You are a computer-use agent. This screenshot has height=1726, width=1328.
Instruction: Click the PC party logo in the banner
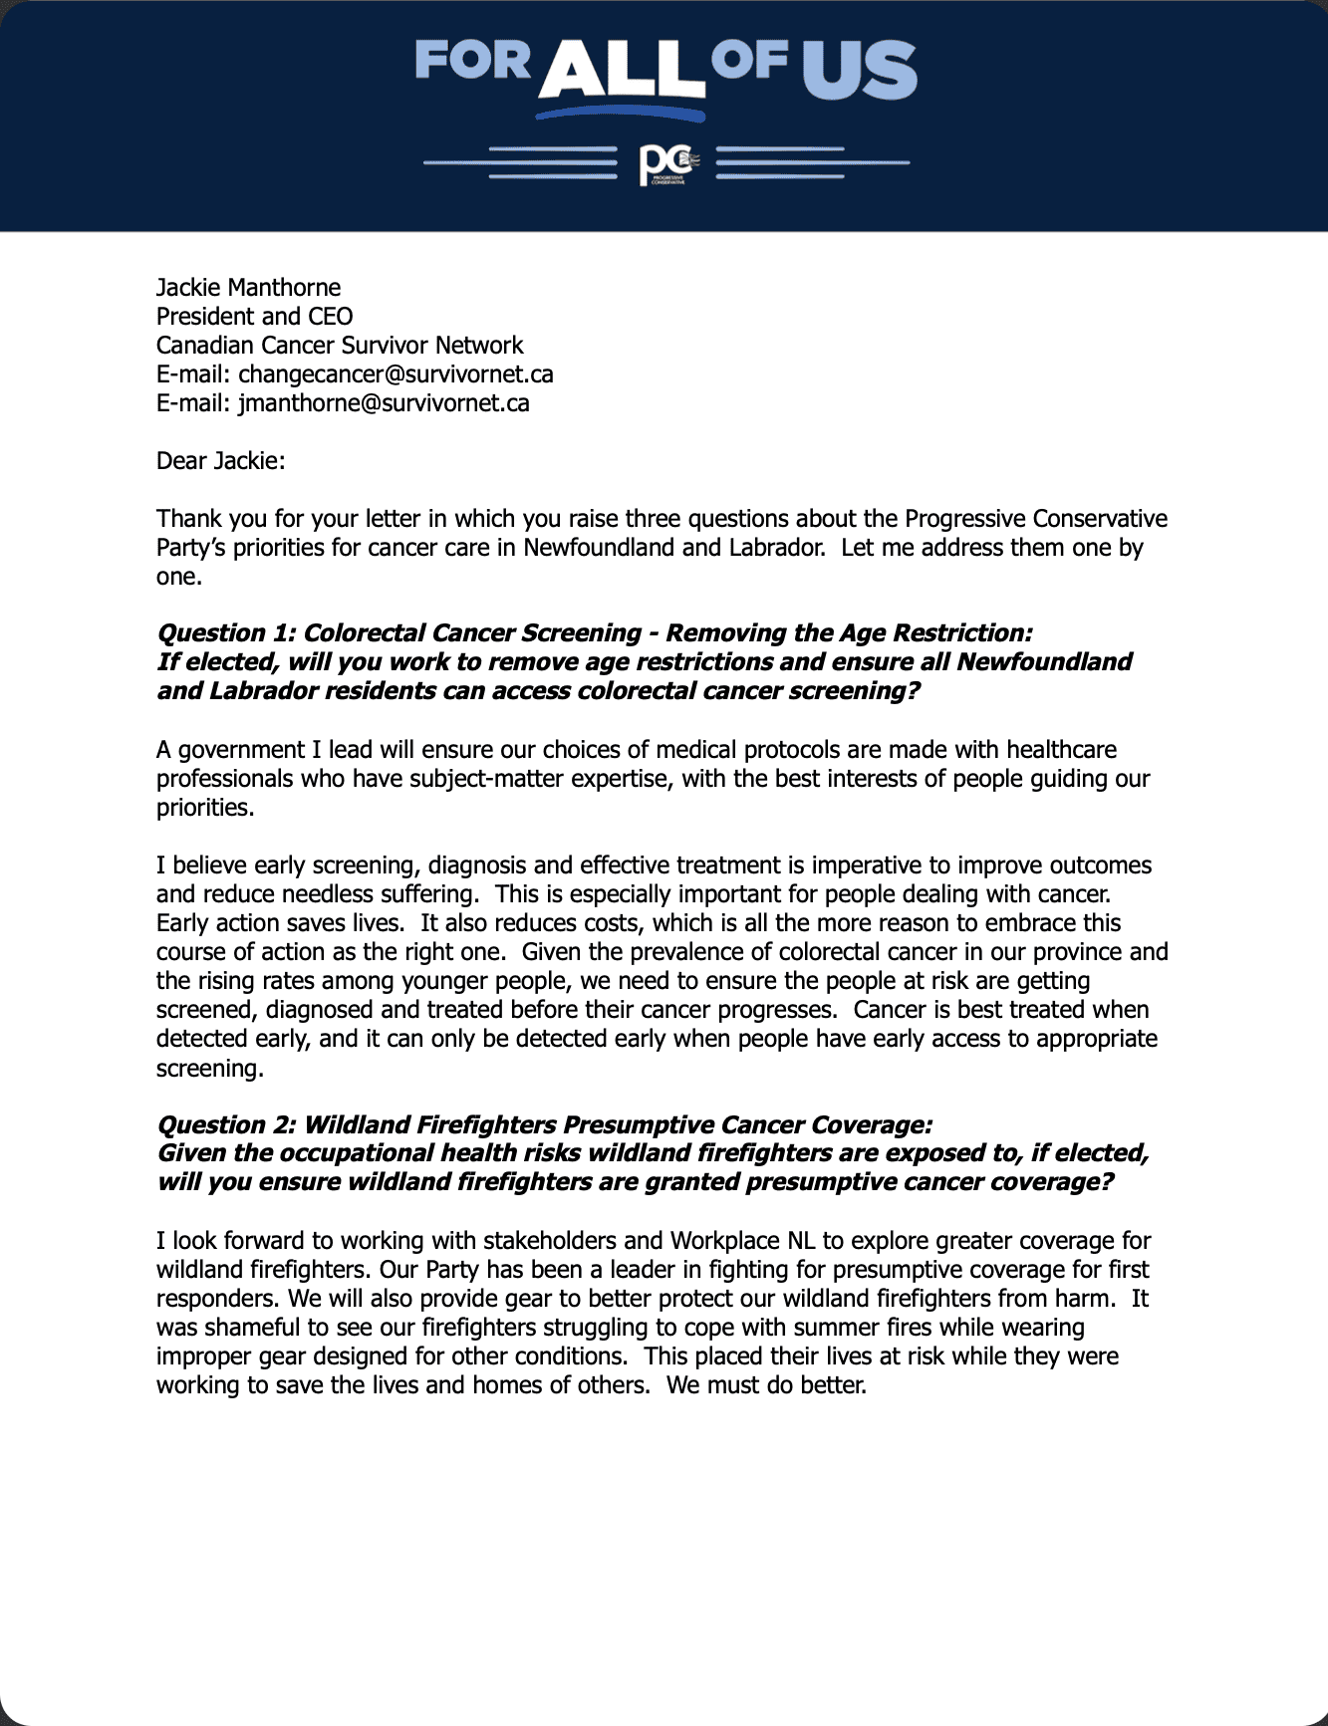(665, 164)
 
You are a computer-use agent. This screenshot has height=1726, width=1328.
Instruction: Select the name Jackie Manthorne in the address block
(248, 288)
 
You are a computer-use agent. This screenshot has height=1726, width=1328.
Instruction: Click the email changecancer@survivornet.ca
(396, 374)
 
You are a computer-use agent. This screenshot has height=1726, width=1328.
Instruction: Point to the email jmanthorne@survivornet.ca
(384, 403)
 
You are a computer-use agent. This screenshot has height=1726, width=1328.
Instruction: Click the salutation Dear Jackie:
(220, 461)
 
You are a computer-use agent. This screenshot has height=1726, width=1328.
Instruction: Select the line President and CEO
(254, 317)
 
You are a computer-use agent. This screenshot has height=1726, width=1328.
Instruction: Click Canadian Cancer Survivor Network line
(339, 346)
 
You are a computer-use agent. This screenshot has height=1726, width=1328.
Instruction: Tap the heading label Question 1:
(226, 633)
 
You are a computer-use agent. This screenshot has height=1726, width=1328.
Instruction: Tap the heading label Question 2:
(226, 1125)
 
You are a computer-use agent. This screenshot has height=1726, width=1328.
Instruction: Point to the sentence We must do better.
(766, 1385)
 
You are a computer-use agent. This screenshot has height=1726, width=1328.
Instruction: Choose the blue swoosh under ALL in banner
(620, 114)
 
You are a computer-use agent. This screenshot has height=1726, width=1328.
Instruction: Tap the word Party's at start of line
(191, 548)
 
